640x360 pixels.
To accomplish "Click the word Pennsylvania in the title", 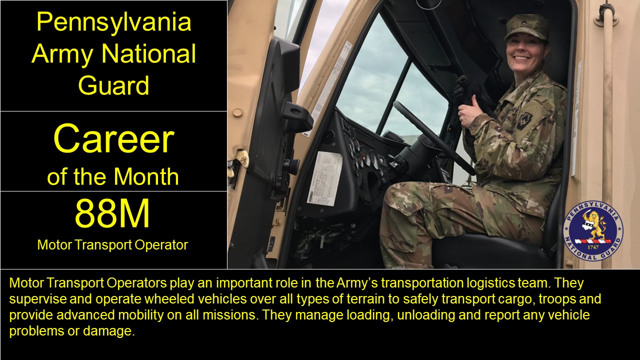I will click(113, 22).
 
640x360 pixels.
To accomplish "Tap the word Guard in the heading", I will click(113, 85).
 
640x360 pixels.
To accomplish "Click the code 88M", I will click(112, 214).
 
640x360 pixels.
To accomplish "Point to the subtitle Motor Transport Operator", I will click(112, 245).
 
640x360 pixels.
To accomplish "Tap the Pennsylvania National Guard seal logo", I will click(593, 230).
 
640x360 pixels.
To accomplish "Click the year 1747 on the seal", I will click(593, 246).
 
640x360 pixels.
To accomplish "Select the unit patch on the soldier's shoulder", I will click(524, 120).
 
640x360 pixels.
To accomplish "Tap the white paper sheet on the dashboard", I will click(323, 178).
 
